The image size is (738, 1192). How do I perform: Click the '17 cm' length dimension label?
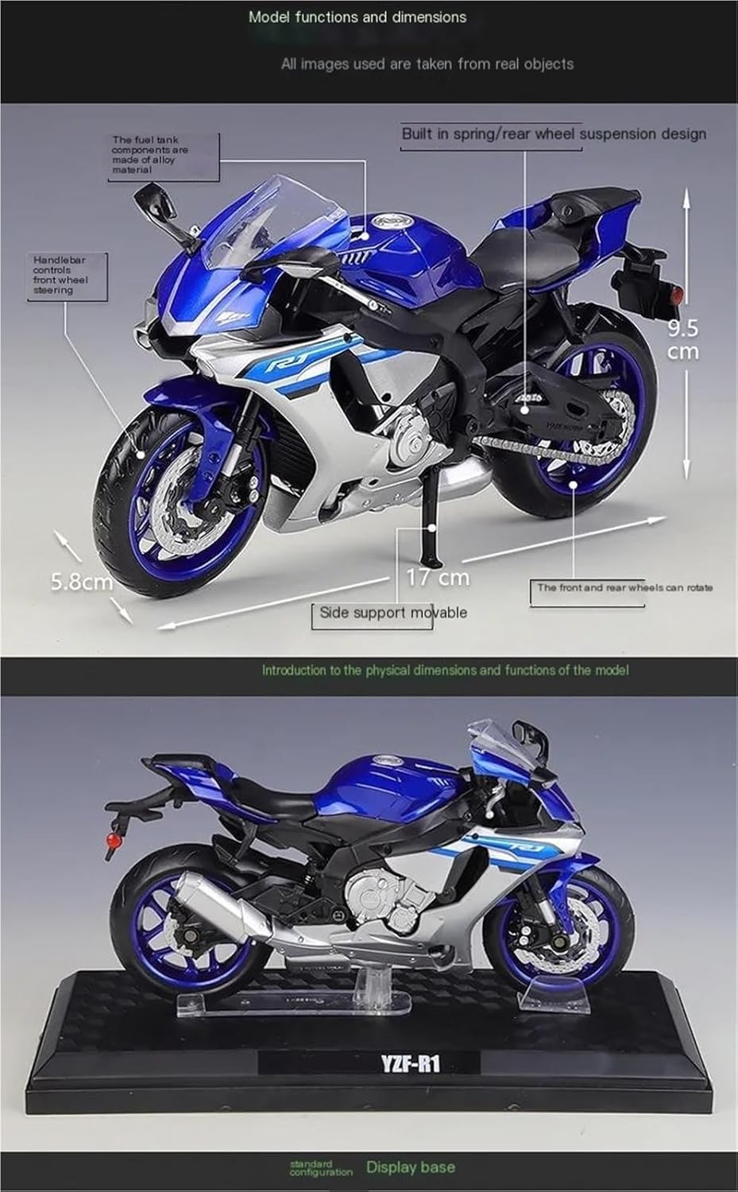(438, 577)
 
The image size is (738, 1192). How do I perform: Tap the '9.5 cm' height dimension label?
(682, 339)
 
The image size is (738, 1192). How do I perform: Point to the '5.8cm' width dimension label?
(82, 582)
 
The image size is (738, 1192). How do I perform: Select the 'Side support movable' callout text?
(392, 613)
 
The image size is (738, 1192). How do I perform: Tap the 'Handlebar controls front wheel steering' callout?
(60, 275)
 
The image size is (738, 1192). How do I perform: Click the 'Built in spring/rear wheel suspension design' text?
(553, 134)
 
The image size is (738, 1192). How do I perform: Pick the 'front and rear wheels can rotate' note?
(624, 587)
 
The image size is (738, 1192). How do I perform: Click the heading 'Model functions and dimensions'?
(357, 17)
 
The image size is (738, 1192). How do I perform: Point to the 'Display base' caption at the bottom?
(411, 1167)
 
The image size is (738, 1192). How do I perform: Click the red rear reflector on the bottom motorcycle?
(113, 840)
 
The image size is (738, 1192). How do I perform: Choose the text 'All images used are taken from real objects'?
(427, 64)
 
